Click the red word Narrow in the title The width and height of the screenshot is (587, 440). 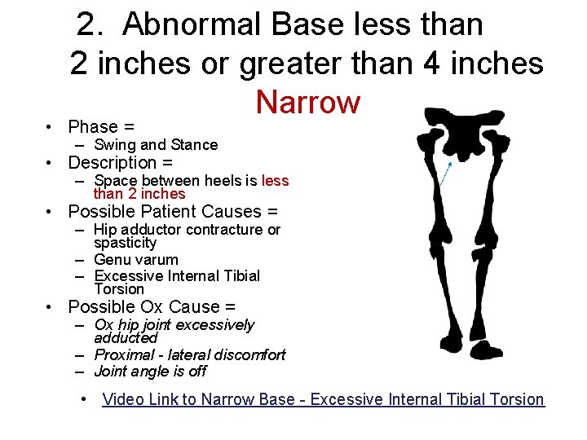pos(307,103)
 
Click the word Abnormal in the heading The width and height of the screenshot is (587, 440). pos(192,25)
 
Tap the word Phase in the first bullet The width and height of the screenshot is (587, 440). pos(93,126)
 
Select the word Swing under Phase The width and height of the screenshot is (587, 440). pos(114,145)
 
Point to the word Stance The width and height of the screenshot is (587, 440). pos(194,145)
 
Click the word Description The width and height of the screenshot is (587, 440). pos(113,163)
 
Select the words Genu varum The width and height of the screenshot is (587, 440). pos(136,260)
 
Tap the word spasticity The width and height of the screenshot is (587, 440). pos(125,243)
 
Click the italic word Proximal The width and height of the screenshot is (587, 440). pos(124,355)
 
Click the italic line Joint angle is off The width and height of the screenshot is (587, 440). pos(150,372)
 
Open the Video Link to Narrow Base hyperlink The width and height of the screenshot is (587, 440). pos(323,399)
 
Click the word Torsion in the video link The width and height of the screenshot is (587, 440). pos(513,399)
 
